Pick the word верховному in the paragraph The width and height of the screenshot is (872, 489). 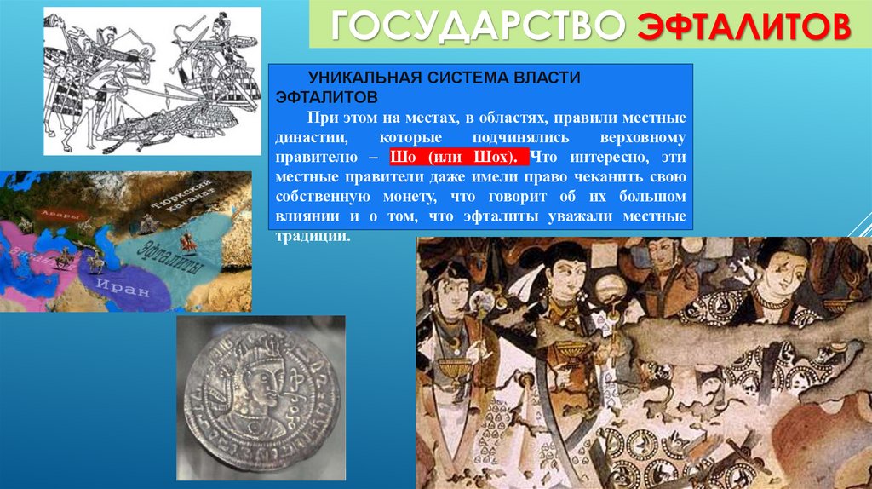642,137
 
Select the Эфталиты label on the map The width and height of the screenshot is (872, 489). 174,256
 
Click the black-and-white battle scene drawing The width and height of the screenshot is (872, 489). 152,80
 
